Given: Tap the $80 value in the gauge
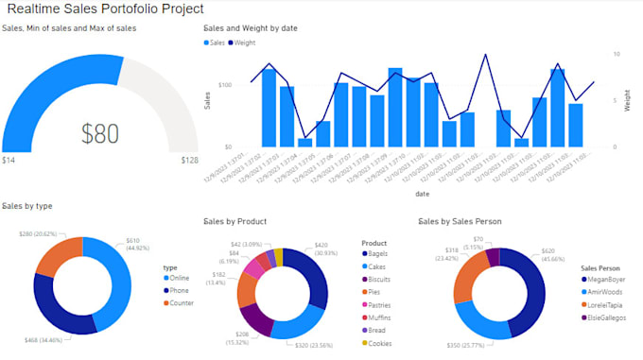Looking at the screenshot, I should click(100, 133).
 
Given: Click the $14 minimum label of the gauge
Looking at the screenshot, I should click(9, 161).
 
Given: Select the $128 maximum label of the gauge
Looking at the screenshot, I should click(189, 161).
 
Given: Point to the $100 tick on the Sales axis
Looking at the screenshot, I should click(225, 85).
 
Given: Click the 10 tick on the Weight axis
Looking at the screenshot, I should click(616, 54).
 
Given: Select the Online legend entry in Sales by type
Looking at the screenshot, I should click(179, 278).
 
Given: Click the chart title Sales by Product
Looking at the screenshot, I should click(235, 221).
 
